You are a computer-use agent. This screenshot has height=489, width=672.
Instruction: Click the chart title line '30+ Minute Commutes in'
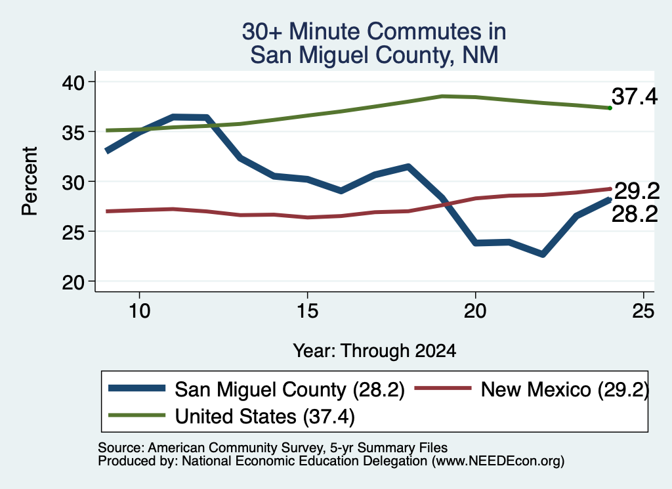(373, 32)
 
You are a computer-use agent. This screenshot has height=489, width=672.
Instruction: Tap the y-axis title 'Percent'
(30, 181)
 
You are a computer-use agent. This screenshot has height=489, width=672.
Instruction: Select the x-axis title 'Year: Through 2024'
(374, 351)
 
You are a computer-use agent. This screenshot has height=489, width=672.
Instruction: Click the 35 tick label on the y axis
(73, 132)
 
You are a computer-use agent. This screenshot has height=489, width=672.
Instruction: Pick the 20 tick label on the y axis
(73, 282)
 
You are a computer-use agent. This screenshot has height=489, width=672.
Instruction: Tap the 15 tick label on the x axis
(307, 310)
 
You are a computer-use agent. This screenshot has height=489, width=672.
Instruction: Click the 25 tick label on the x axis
(643, 310)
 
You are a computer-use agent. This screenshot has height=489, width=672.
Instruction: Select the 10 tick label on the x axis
(139, 310)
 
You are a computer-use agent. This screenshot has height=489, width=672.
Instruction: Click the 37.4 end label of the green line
(635, 96)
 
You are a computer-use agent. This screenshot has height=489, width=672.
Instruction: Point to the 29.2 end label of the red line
(637, 191)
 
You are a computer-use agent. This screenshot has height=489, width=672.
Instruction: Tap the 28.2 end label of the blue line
(635, 214)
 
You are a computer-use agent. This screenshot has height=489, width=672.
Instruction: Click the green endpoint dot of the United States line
(610, 108)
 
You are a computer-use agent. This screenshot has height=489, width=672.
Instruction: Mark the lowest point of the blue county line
(543, 255)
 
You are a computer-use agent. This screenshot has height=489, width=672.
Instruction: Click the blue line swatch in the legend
(136, 389)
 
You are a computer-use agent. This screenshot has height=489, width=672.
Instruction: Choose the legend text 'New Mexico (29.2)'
(565, 390)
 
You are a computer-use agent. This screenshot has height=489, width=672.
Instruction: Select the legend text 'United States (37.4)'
(265, 416)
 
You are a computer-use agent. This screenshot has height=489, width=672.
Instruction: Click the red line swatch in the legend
(443, 389)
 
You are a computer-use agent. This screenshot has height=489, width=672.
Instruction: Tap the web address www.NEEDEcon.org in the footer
(498, 461)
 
